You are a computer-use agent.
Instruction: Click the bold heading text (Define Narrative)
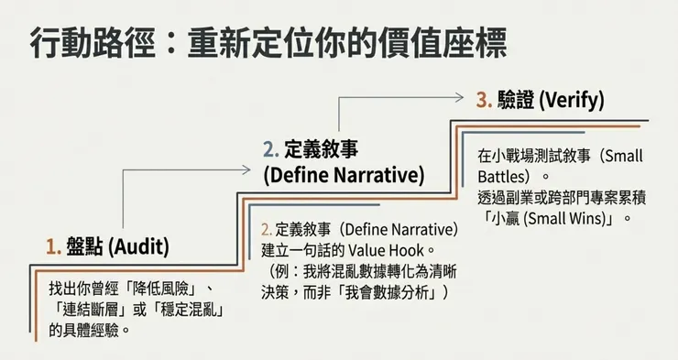point(344,174)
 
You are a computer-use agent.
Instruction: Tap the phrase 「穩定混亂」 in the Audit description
point(193,310)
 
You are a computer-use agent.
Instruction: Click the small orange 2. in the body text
point(267,229)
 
